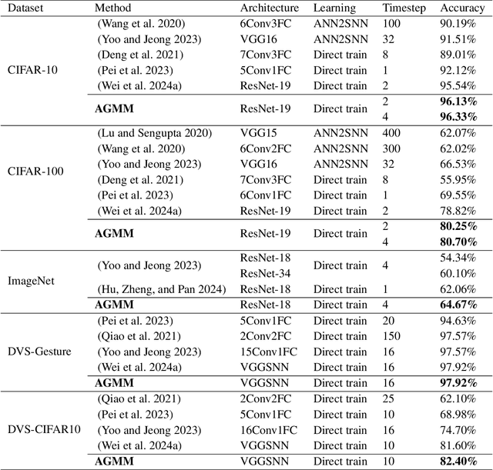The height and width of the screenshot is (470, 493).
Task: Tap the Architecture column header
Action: tap(269, 8)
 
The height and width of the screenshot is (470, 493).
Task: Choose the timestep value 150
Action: tap(391, 336)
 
